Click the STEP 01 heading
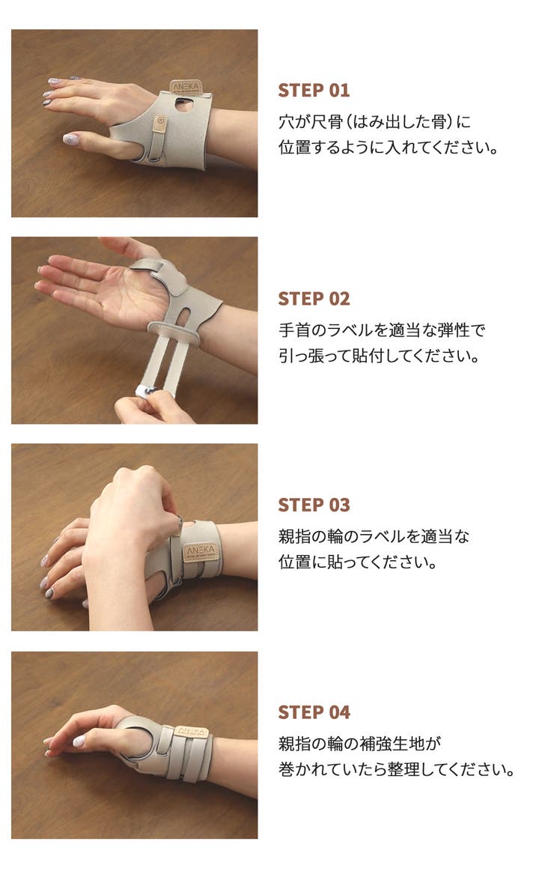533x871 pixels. pos(314,90)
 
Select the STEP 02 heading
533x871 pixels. pos(314,299)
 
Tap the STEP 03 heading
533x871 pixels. pos(314,505)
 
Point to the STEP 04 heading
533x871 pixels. pos(314,712)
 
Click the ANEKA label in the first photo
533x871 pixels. pos(186,87)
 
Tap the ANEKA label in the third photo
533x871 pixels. pos(200,552)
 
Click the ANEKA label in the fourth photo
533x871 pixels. pos(192,732)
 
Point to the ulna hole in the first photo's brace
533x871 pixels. pos(184,103)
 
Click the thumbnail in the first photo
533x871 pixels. pos(70,139)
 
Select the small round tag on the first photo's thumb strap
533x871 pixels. pos(160,121)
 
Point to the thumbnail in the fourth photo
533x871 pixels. pos(79,741)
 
